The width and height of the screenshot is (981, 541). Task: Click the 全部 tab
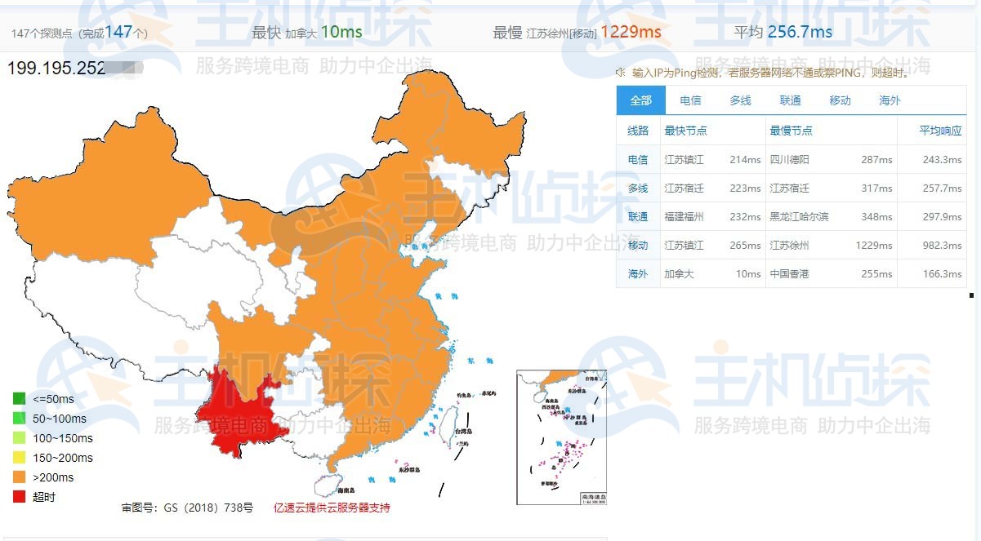[x=641, y=100]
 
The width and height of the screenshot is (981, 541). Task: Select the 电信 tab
[x=690, y=100]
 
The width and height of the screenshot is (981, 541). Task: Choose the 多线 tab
[x=740, y=100]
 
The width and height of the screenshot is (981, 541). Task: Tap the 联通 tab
[x=790, y=100]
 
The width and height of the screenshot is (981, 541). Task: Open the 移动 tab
[x=840, y=100]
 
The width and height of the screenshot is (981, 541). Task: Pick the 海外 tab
[x=890, y=100]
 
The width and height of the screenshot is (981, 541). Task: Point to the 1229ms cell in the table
[x=875, y=246]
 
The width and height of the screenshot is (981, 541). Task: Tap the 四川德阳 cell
[x=789, y=160]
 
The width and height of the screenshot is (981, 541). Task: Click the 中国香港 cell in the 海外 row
[x=789, y=274]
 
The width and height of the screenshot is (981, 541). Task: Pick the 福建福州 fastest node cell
[x=684, y=217]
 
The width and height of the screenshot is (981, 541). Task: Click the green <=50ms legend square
[x=19, y=399]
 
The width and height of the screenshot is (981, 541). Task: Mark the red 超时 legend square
[x=19, y=497]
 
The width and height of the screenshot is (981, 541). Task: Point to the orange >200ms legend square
[x=19, y=477]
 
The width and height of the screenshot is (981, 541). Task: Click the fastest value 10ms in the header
[x=341, y=33]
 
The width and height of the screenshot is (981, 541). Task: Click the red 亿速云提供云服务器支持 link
[x=332, y=508]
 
